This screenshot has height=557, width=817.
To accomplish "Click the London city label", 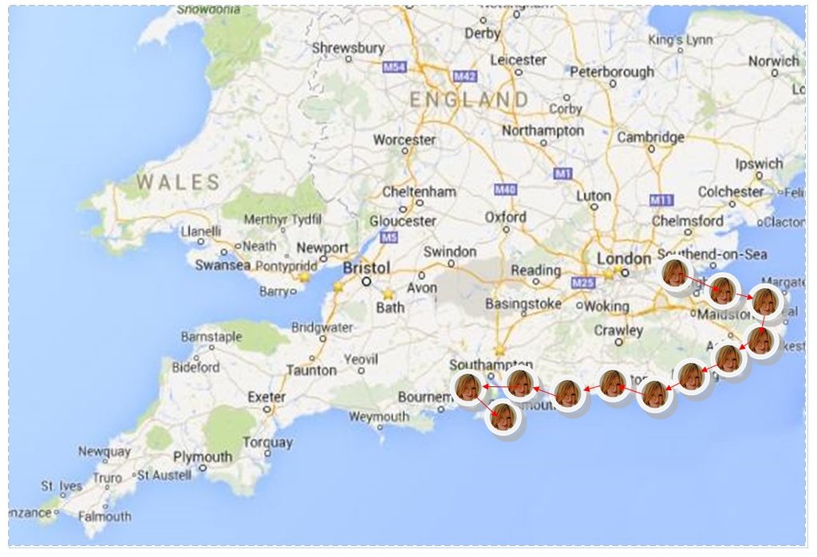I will pos(625,259).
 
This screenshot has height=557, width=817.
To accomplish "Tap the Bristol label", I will pos(367,267).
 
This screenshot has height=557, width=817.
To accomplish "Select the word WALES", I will pos(178,182).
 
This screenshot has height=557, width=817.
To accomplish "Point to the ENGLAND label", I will pos(468,100).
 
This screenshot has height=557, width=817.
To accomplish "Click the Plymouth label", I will pos(203,457).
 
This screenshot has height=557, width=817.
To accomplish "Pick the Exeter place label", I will pos(266,397).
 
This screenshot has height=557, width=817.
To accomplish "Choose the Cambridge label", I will pos(650,137).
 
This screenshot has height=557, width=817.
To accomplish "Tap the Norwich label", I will pos(773,61).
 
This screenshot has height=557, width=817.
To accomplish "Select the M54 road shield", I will pos(394,68).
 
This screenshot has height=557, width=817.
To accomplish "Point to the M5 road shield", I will pos(389,238).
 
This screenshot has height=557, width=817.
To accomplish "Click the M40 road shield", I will pos(505,190).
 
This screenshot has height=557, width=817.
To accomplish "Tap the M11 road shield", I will pos(661,199).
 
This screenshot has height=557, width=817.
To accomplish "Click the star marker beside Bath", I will pos(389,294).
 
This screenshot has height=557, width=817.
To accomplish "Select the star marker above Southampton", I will pos(499,350).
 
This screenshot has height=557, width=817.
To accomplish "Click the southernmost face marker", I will pos(503,417).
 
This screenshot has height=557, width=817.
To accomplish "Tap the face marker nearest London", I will pos(675,274).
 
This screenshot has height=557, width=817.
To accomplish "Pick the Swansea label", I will pos(223,265).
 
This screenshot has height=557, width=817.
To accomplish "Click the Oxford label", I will pos(506,217).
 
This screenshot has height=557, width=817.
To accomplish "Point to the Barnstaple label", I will pos(211,337).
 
